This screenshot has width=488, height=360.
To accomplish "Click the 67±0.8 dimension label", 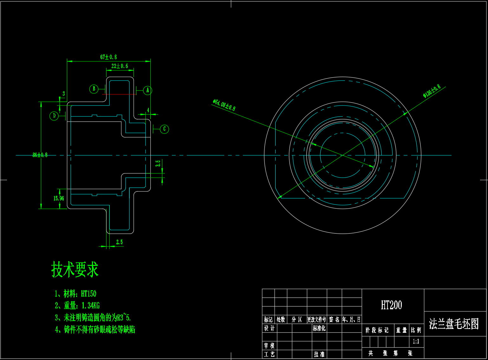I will coord(108,57).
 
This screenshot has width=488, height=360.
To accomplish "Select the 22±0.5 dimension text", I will coord(120,66).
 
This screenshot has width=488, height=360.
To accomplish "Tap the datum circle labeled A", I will coord(147,90).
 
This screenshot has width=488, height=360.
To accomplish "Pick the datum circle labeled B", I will coord(94,89).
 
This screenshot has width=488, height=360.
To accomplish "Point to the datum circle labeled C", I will coord(164,129).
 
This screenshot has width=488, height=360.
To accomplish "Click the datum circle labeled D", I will coord(54,116).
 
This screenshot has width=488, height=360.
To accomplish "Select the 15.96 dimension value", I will coord(59,198).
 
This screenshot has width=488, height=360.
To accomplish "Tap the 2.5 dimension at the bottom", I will coord(120,242).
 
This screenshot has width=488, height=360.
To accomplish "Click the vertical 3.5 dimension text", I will coord(158,164).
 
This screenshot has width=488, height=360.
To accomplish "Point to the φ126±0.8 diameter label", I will coord(432,91).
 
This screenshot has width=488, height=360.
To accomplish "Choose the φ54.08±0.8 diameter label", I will coord(224,105).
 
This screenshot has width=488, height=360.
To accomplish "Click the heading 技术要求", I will coord(75,270).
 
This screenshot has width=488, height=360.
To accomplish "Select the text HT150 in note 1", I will coord(88,294).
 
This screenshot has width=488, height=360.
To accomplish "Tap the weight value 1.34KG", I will coord(91,305).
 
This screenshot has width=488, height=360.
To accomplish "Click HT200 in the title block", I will coord(391,305).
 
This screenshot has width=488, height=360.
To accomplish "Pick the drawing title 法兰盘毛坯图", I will coord(454,324).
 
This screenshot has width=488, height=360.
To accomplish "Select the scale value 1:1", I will coord(416,341).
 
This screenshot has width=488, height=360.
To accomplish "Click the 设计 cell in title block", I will coord(269,328).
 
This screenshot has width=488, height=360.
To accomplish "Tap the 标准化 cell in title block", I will coord(319,328).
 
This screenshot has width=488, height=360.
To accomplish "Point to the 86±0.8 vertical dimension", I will coord(40,155).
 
